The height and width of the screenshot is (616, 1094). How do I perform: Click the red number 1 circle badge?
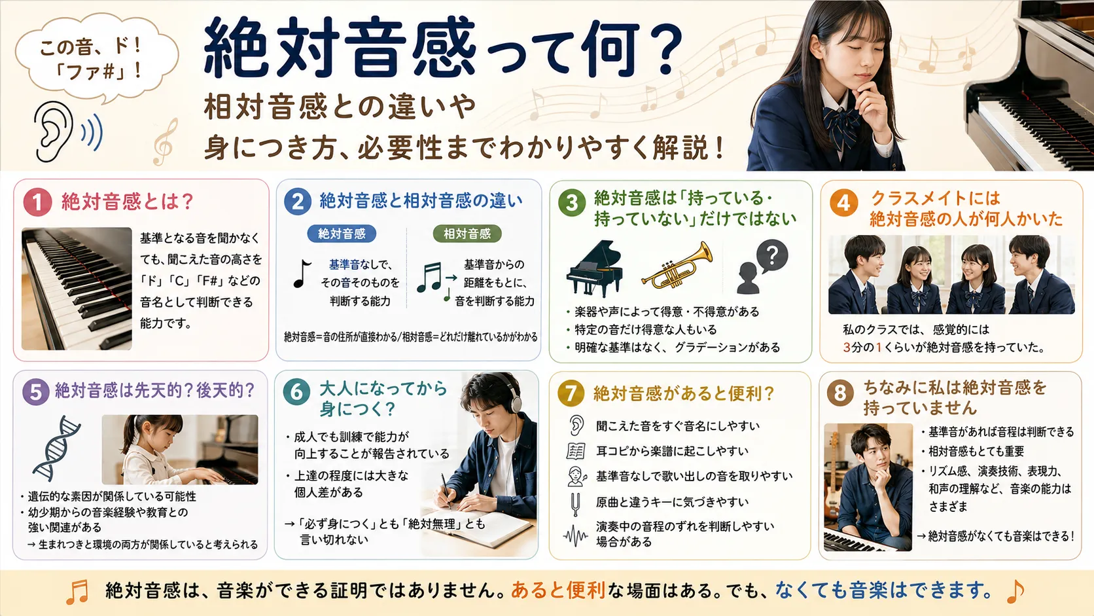(37, 202)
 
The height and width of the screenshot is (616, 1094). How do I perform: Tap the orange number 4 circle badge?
(843, 202)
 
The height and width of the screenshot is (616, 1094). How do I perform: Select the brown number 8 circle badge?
(840, 392)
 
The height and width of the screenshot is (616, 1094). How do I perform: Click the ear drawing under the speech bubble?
(53, 132)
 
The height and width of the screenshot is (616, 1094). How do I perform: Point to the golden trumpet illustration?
(677, 266)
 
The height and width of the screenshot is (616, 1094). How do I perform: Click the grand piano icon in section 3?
(594, 268)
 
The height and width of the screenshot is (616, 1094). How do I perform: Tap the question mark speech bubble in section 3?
(772, 255)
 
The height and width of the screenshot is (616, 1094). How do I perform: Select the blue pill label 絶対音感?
(342, 234)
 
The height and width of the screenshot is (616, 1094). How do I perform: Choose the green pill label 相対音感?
(467, 234)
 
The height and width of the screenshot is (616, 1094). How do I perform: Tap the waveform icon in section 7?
(575, 536)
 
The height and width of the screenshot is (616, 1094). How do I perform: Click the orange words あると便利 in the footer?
(558, 590)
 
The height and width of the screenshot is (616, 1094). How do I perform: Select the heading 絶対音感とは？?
(128, 202)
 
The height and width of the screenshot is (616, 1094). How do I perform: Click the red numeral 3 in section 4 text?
(847, 348)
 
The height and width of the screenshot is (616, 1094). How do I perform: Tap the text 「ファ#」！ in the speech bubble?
(98, 71)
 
